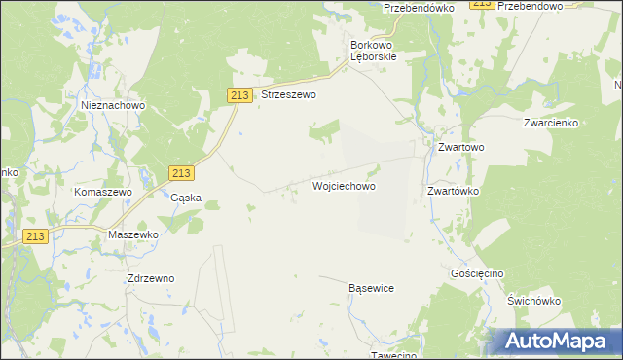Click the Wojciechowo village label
pyautogui.click(x=344, y=185)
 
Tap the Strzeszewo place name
pyautogui.click(x=289, y=95)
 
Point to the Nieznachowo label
pyautogui.click(x=113, y=105)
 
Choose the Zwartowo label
pyautogui.click(x=460, y=148)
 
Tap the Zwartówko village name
pyautogui.click(x=455, y=192)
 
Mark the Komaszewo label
pyautogui.click(x=102, y=193)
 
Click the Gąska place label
pyautogui.click(x=185, y=198)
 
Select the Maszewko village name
pyautogui.click(x=133, y=235)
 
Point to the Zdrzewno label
pyautogui.click(x=151, y=278)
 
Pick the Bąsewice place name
pyautogui.click(x=371, y=289)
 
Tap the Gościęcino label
pyautogui.click(x=477, y=274)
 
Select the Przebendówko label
pyautogui.click(x=420, y=7)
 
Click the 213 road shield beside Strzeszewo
pyautogui.click(x=241, y=94)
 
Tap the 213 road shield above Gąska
pyautogui.click(x=180, y=172)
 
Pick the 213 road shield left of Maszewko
pyautogui.click(x=36, y=235)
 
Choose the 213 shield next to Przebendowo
pyautogui.click(x=480, y=5)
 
